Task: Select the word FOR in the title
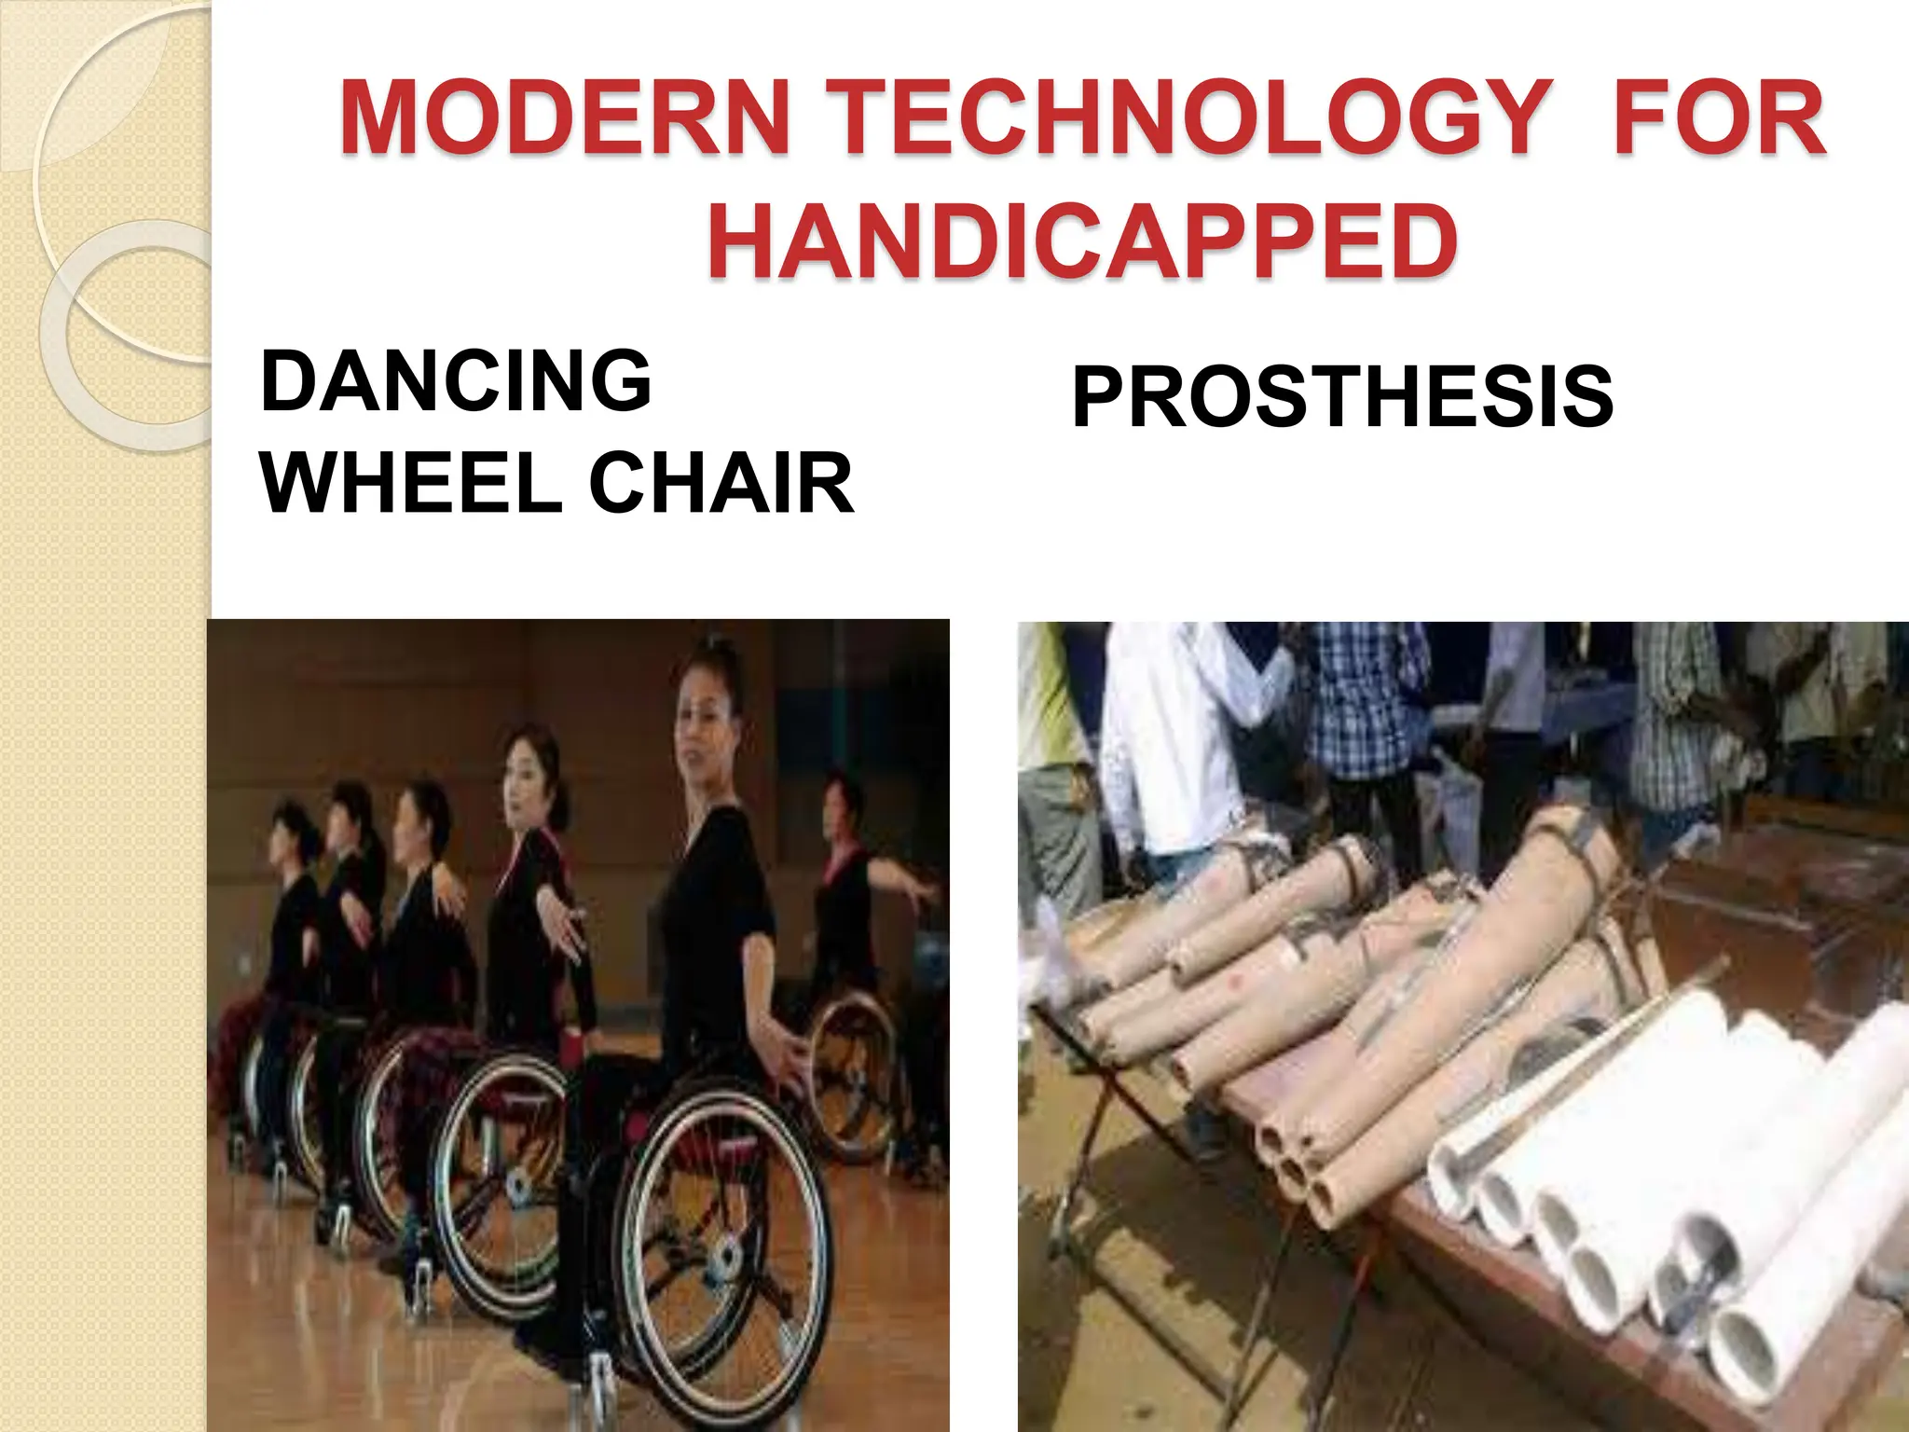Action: point(1721,118)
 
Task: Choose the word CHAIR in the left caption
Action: point(721,482)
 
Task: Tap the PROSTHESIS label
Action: point(1342,397)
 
